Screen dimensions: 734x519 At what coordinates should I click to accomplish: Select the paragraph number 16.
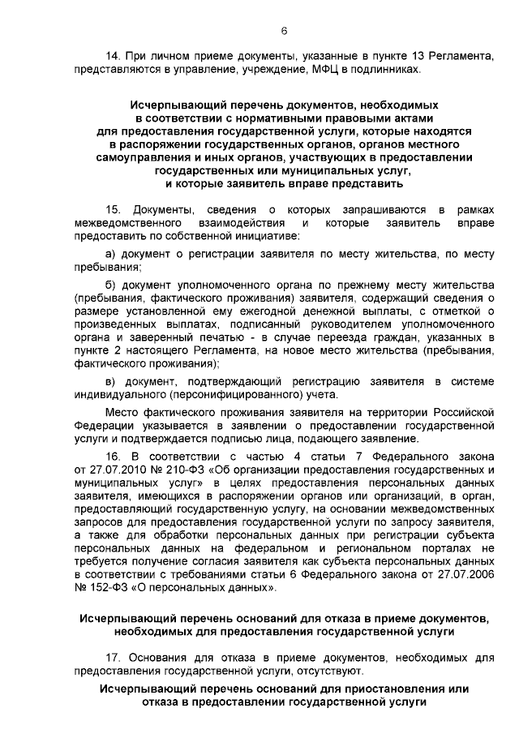tap(114, 456)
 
